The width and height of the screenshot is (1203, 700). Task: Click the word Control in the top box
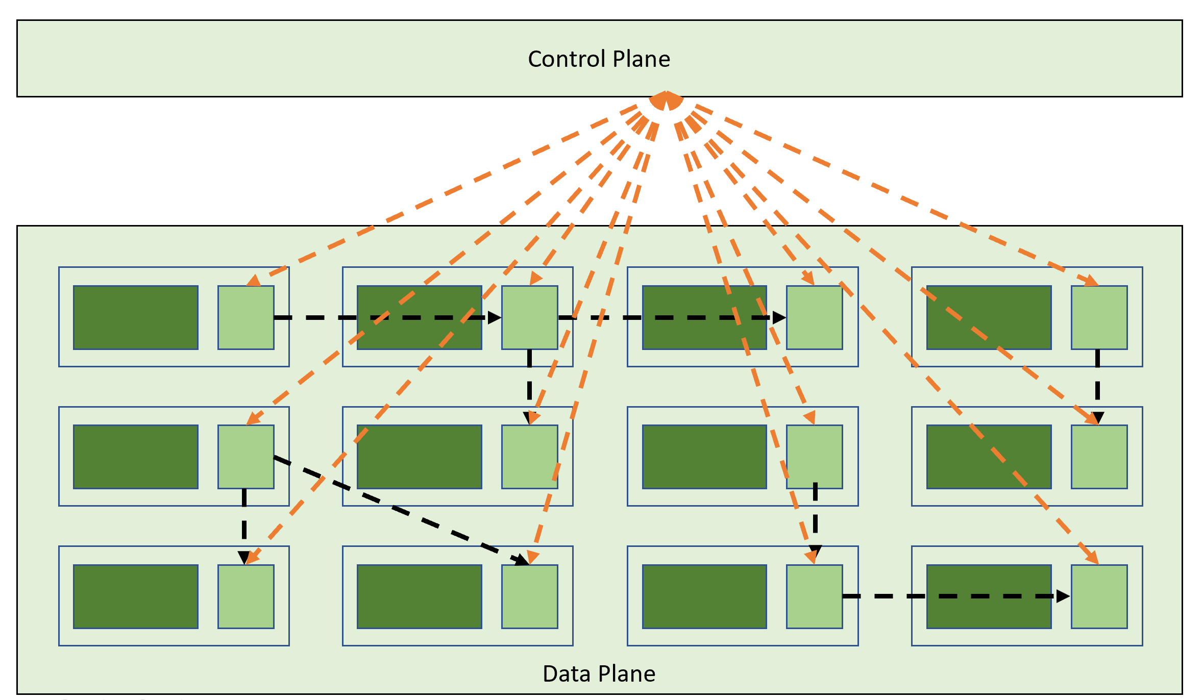[x=567, y=59]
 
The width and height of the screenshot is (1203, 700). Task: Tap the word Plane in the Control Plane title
[x=641, y=59]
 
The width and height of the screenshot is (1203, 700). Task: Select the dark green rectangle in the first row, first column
[x=136, y=317]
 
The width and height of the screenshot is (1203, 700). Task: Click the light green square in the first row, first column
[x=246, y=317]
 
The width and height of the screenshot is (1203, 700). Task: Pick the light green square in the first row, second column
[x=530, y=317]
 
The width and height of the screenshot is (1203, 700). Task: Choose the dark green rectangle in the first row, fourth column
[x=989, y=317]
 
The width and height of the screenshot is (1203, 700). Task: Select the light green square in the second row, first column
[x=246, y=457]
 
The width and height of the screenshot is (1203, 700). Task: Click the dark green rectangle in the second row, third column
[x=704, y=457]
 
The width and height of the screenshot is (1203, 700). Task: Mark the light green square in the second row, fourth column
[x=1099, y=457]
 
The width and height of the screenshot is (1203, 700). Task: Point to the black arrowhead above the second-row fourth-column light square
[x=1098, y=417]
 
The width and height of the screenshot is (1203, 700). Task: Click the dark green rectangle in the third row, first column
[x=136, y=596]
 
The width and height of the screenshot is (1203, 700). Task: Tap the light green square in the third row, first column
[x=246, y=596]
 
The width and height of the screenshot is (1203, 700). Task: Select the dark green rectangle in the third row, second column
[x=420, y=596]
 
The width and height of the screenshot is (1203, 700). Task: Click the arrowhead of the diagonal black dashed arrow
[x=522, y=560]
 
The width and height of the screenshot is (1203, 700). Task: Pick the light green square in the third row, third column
[x=814, y=596]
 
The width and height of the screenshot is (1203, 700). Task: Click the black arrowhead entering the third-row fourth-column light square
[x=1063, y=596]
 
